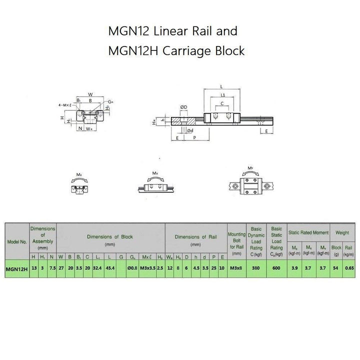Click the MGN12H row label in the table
[15, 268]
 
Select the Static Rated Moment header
[308, 232]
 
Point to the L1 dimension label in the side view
[222, 94]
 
